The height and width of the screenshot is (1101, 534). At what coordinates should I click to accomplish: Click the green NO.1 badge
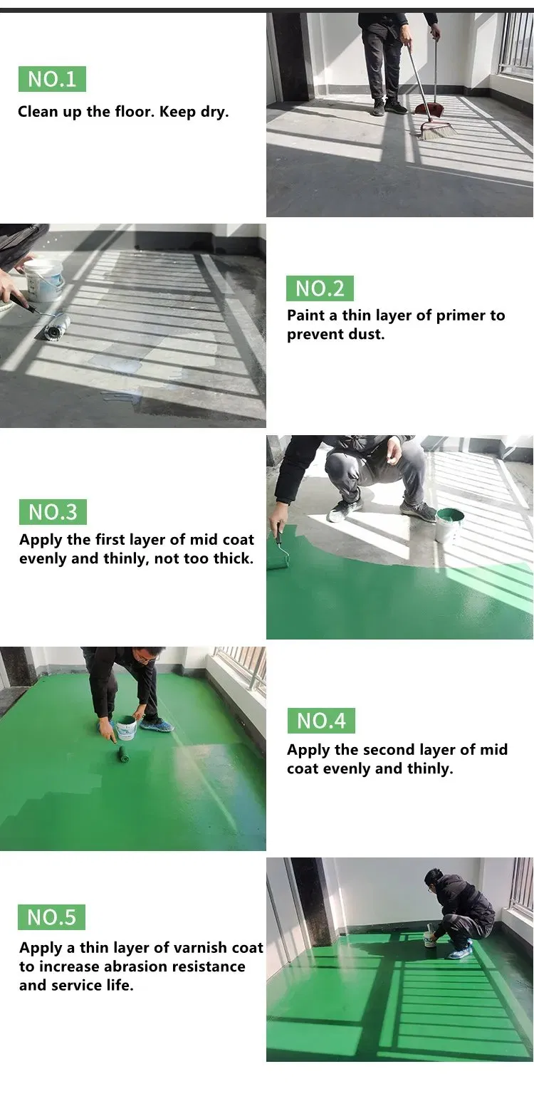[x=52, y=79]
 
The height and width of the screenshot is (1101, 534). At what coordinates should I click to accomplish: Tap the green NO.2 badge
[x=320, y=288]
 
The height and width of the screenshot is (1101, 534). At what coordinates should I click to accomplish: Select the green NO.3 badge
[x=53, y=512]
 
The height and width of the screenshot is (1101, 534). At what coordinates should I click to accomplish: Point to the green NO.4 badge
[x=321, y=721]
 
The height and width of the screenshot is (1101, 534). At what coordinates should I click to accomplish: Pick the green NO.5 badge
[x=51, y=917]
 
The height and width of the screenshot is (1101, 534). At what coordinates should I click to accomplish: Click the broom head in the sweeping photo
[x=437, y=131]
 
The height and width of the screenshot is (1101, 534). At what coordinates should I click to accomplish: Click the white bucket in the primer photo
[x=43, y=280]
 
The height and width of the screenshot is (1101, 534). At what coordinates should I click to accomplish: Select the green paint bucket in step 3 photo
[x=449, y=525]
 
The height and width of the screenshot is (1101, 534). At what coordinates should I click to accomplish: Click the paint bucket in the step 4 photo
[x=127, y=728]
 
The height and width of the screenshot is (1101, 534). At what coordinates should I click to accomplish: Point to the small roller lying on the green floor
[x=122, y=754]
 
